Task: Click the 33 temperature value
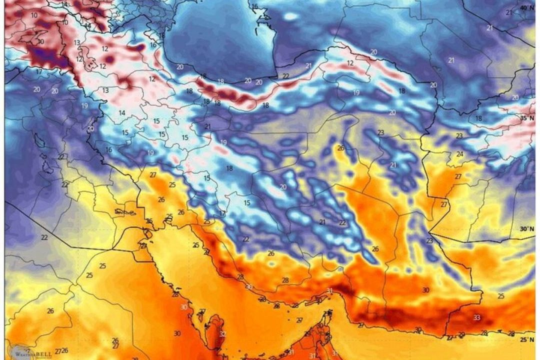476,317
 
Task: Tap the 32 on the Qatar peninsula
222,334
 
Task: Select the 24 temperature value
459,154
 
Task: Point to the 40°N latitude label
527,8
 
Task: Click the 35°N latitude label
527,118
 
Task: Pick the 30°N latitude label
527,228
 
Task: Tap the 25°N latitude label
527,339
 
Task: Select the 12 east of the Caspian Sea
350,63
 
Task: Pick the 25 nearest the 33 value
501,296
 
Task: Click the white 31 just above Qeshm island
329,291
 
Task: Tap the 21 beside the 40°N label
509,12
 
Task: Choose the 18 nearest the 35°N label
479,118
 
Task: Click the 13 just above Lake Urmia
77,42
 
